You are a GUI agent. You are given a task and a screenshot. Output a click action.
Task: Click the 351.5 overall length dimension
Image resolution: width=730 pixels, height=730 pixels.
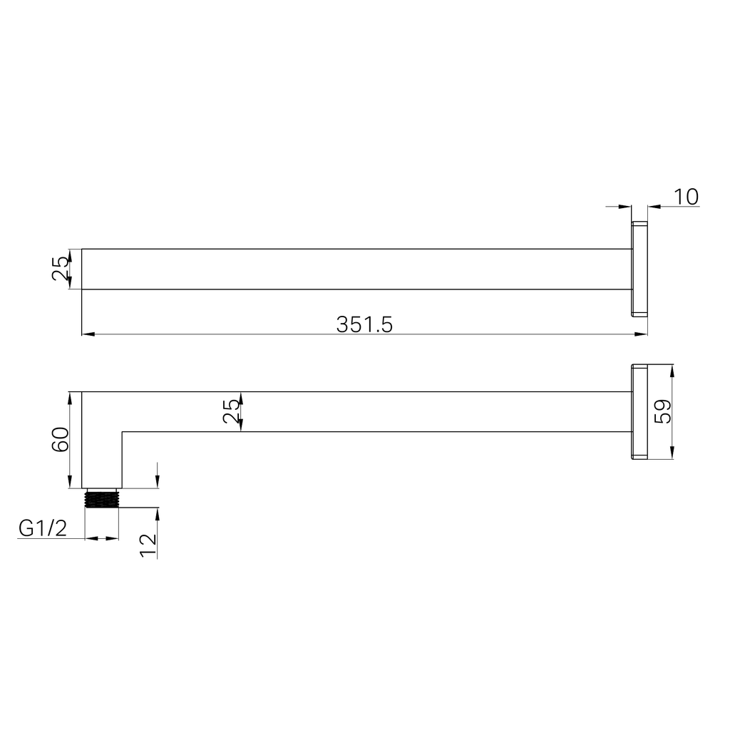(364, 324)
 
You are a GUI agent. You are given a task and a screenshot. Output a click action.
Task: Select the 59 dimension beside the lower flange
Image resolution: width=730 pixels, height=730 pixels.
(663, 411)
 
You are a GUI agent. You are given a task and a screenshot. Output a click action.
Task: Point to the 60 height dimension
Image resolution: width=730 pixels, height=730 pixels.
(60, 440)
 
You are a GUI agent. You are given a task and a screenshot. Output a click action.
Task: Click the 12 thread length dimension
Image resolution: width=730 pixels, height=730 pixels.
(148, 545)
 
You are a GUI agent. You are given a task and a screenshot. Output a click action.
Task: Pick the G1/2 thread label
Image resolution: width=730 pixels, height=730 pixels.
(42, 528)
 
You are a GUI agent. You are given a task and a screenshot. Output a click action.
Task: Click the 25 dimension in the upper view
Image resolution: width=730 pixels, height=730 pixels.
(61, 269)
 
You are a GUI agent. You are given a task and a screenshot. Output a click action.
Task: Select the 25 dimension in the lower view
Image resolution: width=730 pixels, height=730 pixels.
(232, 411)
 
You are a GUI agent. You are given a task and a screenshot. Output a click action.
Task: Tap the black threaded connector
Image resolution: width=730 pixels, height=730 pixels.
(101, 498)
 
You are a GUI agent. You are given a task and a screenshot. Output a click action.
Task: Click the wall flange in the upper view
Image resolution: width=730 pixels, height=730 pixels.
(639, 269)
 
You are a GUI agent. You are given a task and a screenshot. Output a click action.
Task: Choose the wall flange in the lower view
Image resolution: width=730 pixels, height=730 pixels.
(639, 411)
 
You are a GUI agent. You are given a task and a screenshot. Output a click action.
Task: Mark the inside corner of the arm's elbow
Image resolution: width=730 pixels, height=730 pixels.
(122, 432)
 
